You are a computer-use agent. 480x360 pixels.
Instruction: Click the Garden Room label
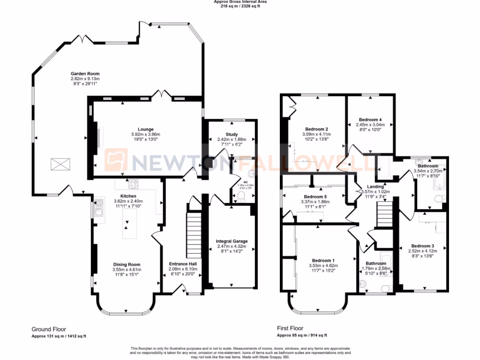[x=85, y=74]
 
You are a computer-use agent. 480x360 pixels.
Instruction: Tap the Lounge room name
[x=146, y=129]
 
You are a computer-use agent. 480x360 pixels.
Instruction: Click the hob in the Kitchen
[x=133, y=183]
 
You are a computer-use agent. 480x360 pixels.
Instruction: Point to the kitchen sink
[x=99, y=206]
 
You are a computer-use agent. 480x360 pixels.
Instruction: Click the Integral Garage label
[x=232, y=241]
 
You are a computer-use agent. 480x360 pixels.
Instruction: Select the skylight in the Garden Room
[x=60, y=165]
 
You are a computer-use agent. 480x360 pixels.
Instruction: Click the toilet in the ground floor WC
[x=240, y=199]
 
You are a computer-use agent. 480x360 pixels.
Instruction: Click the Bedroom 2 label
[x=316, y=129]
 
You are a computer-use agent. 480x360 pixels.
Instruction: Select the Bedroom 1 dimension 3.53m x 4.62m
[x=323, y=266]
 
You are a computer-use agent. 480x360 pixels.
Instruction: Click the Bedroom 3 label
[x=422, y=246]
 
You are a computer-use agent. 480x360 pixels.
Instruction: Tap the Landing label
[x=375, y=187]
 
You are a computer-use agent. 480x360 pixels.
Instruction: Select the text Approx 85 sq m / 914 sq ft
[x=301, y=336]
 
